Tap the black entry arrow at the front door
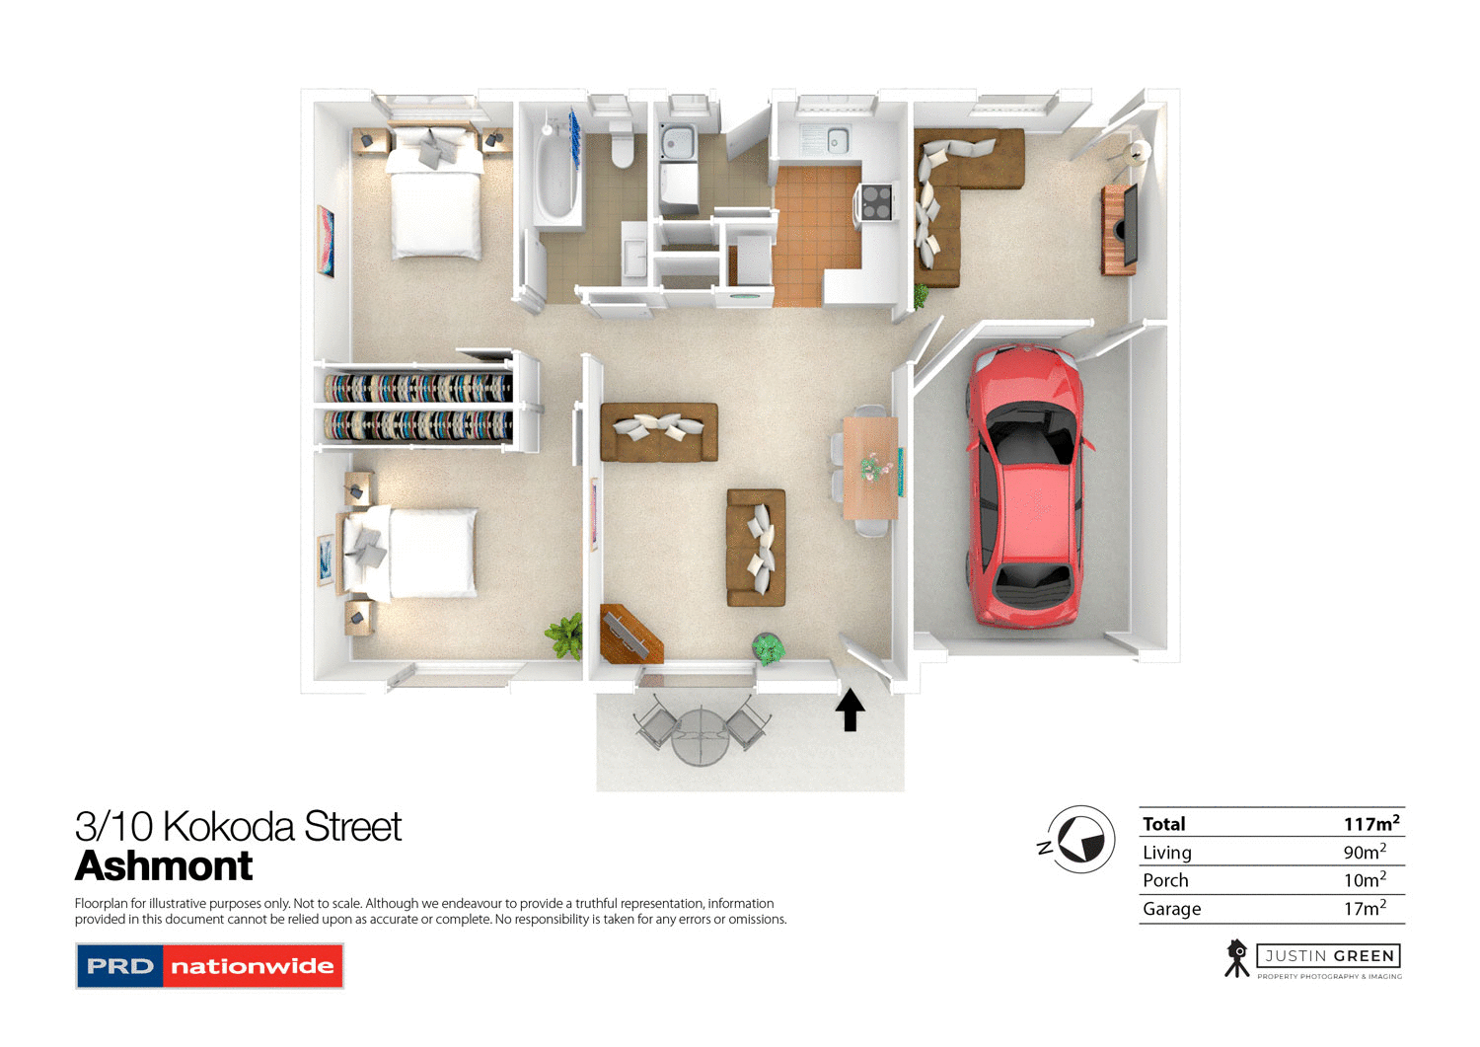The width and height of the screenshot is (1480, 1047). pos(850,710)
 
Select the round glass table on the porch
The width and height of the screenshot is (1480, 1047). pos(700,736)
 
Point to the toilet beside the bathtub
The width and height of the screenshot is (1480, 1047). pos(622,145)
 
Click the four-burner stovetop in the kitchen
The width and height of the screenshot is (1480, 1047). pos(876,202)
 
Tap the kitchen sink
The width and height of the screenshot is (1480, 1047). pos(837,140)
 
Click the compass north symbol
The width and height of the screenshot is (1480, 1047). pos(1079,840)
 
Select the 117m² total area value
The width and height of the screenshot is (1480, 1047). pos(1370,823)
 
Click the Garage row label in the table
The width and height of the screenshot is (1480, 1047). pos(1171,909)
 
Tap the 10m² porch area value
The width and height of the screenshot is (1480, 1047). pos(1364,880)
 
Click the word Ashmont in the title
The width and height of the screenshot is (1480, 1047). pos(164,866)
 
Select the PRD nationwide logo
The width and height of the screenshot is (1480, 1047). pos(209,966)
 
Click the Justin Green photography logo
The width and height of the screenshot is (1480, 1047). pos(1312,958)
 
